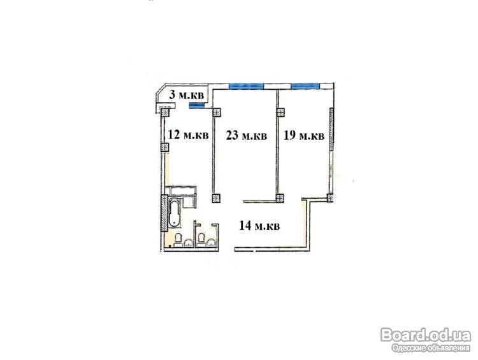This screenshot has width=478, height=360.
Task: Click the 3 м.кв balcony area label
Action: click(x=186, y=95)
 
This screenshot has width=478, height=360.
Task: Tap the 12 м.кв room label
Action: click(x=189, y=134)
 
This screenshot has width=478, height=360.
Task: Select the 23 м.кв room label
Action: click(x=246, y=135)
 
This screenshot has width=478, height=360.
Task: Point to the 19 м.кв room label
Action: click(x=304, y=135)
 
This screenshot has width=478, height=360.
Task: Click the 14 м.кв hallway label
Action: click(x=259, y=226)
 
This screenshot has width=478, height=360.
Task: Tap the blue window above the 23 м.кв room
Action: click(x=246, y=86)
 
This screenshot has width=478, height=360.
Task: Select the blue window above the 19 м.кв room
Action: click(x=305, y=86)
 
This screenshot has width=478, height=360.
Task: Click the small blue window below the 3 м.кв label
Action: click(x=196, y=106)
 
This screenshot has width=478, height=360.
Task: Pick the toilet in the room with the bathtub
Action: click(x=178, y=240)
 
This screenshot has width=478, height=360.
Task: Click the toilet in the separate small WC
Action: click(x=201, y=239)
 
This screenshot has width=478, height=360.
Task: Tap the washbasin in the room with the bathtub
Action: click(x=189, y=243)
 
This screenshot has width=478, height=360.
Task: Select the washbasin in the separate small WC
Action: click(x=211, y=242)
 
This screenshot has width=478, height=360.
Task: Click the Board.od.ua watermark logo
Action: click(x=426, y=335)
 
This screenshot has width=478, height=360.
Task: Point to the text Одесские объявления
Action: click(x=431, y=348)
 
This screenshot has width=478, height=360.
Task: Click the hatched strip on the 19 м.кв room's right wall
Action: click(x=331, y=129)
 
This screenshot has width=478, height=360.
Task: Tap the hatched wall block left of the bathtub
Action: click(x=164, y=213)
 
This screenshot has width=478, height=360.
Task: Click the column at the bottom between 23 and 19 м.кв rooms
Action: click(x=280, y=198)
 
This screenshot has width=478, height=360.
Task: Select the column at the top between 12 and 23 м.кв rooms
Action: click(x=217, y=113)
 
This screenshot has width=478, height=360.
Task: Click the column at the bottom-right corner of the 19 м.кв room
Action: click(x=330, y=198)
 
